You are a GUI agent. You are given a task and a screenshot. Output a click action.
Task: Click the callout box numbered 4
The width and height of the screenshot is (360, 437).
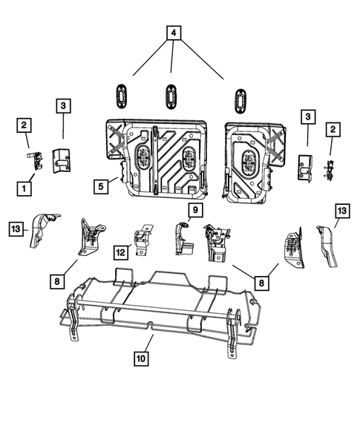coord(172,33)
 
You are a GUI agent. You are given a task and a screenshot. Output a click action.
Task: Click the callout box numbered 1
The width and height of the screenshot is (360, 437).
coord(24,188)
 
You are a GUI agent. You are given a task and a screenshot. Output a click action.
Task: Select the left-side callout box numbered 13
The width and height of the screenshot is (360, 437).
coord(16,228)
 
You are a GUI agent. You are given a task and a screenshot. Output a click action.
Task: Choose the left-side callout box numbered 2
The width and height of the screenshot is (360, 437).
coord(24,125)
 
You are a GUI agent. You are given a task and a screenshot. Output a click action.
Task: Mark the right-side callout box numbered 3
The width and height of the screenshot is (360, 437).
coord(307,117)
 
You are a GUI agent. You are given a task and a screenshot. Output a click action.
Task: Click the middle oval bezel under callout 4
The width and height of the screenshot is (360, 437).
coord(171,96)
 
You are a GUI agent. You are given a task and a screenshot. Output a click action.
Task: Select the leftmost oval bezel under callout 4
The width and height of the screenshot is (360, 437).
coord(122,96)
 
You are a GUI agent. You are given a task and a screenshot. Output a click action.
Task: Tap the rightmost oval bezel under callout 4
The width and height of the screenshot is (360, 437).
coord(240,100)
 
